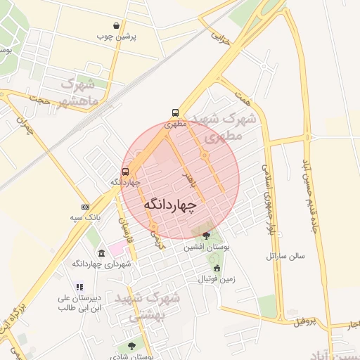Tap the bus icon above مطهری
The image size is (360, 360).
click(x=175, y=112)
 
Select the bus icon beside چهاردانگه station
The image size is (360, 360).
click(x=126, y=171)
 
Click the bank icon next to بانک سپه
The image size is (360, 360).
click(x=86, y=207)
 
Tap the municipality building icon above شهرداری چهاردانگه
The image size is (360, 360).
click(x=102, y=253)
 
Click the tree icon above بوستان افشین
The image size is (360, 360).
click(x=206, y=236)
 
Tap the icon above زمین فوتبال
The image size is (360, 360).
click(x=217, y=268)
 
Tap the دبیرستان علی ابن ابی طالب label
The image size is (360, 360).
click(x=79, y=302)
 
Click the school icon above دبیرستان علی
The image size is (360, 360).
click(x=79, y=287)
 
